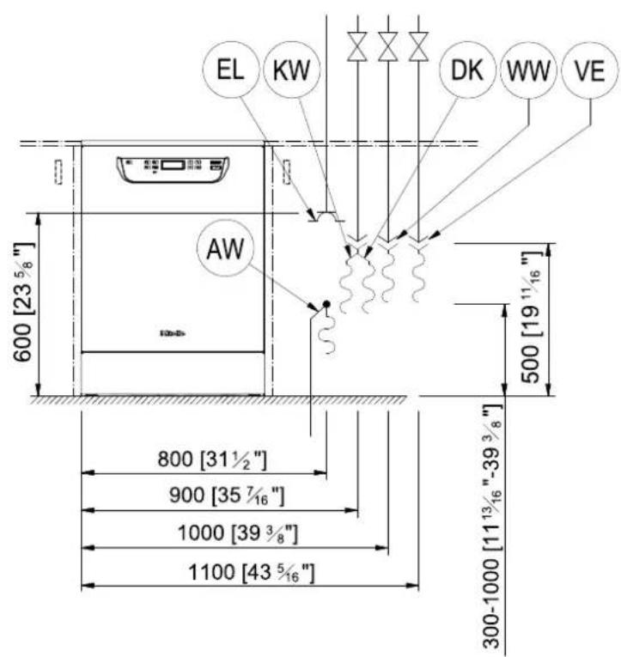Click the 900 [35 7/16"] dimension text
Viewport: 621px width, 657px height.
pyautogui.click(x=227, y=496)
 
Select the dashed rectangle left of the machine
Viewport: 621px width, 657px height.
pyautogui.click(x=58, y=171)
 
